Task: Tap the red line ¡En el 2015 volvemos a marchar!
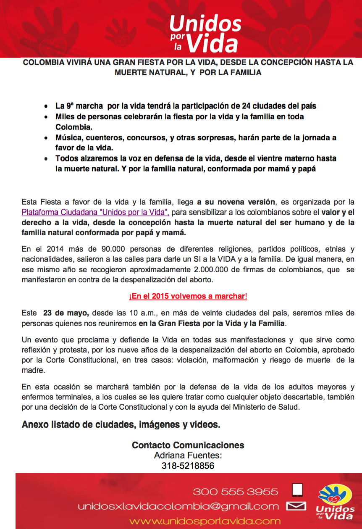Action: point(188,296)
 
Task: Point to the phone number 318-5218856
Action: point(188,466)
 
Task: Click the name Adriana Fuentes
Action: point(188,455)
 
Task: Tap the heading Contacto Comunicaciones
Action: point(188,445)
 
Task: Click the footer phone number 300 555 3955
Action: point(235,492)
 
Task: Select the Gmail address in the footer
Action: point(178,507)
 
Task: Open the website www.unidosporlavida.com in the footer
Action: point(205,521)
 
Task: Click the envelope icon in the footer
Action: point(296,506)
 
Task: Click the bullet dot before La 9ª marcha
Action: point(46,106)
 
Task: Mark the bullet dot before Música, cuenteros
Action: point(46,138)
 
